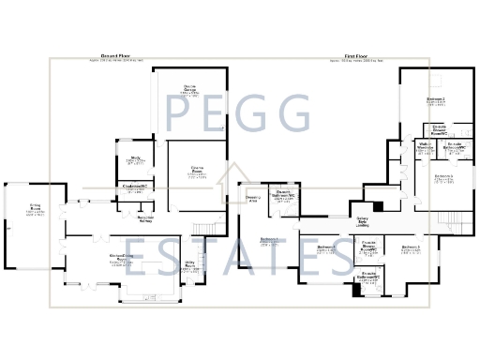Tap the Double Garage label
(x=189, y=89)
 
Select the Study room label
(x=135, y=159)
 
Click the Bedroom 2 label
(x=435, y=99)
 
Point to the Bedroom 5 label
(x=443, y=176)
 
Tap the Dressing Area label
(x=252, y=198)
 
